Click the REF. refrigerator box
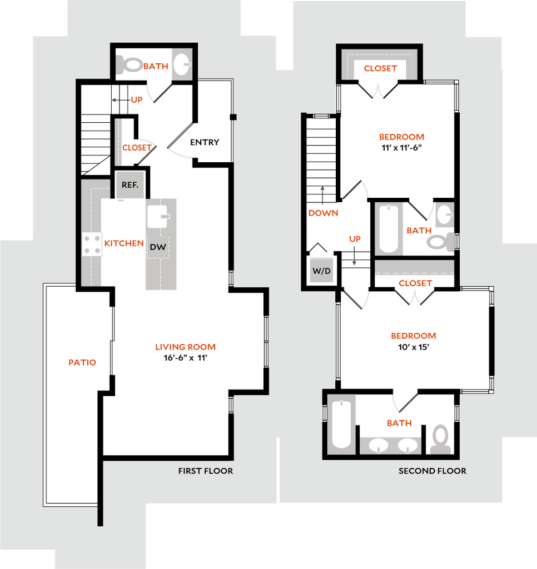coord(130,185)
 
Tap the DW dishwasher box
coord(158,247)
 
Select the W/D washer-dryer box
coord(321,271)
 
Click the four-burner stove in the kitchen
coord(92,244)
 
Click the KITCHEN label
coord(123,243)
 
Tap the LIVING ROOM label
coord(185,347)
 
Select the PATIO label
coord(82,362)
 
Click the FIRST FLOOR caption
coord(205,471)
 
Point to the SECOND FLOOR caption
coord(432,471)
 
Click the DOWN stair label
coord(324,213)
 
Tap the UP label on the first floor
coord(137,100)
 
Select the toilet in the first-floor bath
coord(129,64)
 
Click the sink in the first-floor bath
coord(181,64)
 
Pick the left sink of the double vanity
coord(379,445)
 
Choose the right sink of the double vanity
coord(407,445)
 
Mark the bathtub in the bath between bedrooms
coord(389,229)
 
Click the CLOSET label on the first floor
coord(136,148)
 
